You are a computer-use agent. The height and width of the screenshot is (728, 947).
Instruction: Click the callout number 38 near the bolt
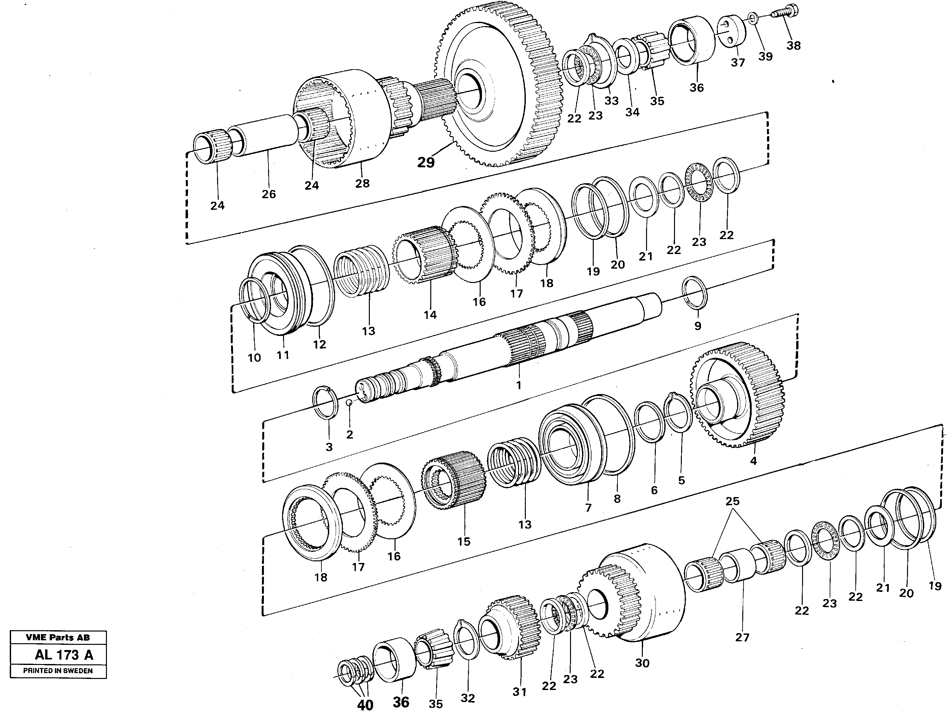pyautogui.click(x=794, y=45)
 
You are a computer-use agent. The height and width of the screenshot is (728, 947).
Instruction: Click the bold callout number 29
pyautogui.click(x=426, y=162)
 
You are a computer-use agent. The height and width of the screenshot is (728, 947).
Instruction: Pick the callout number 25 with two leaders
pyautogui.click(x=732, y=501)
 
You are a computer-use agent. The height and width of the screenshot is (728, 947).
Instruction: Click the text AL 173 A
pyautogui.click(x=64, y=655)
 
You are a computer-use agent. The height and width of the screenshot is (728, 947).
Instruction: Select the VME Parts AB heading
pyautogui.click(x=58, y=637)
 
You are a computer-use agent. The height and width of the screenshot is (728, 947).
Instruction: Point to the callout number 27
pyautogui.click(x=742, y=637)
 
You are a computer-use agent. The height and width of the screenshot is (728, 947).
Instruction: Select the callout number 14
pyautogui.click(x=430, y=315)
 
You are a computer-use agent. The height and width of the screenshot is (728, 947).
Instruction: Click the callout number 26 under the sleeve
pyautogui.click(x=268, y=194)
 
